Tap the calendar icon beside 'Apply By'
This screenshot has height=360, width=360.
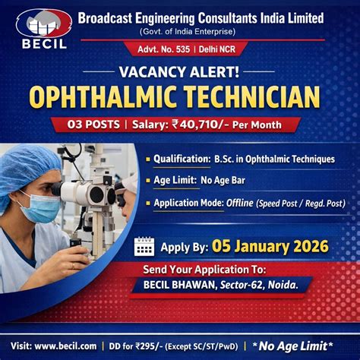coord(144,246)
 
